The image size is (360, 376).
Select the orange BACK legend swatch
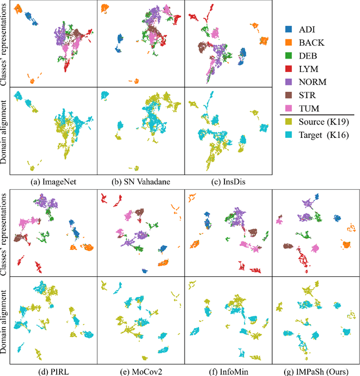coord(288,42)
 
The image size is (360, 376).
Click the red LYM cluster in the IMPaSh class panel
coord(304,259)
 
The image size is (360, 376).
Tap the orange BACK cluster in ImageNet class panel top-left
coord(17,10)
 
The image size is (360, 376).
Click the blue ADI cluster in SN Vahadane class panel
coord(119,41)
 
